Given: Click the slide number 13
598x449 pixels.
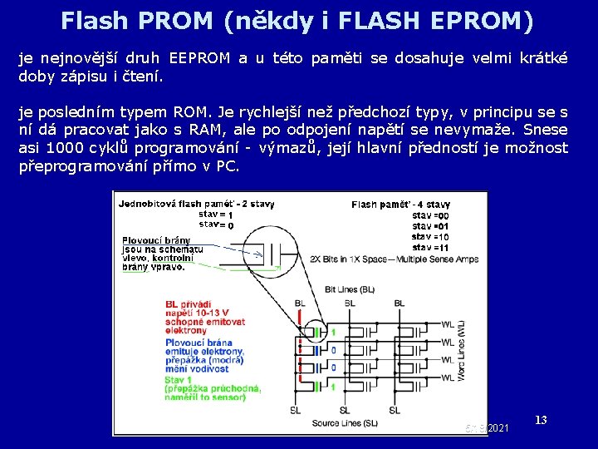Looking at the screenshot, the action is [x=541, y=420].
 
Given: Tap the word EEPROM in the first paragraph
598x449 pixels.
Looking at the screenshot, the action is [x=199, y=58].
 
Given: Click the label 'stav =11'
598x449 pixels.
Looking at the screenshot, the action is [x=430, y=247].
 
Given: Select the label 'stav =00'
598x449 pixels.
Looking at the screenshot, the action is [x=430, y=215].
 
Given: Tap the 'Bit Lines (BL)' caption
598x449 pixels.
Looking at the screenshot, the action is [x=350, y=289].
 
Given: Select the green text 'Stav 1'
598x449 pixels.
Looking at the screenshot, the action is [x=181, y=380].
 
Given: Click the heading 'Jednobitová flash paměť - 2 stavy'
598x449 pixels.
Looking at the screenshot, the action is [x=196, y=203].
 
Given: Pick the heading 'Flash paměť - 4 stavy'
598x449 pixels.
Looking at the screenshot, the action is [x=401, y=204].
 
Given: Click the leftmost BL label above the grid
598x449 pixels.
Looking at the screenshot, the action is [x=299, y=303].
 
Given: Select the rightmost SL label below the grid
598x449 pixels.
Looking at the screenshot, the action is [x=399, y=410].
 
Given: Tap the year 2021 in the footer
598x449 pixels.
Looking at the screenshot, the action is [x=498, y=427].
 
